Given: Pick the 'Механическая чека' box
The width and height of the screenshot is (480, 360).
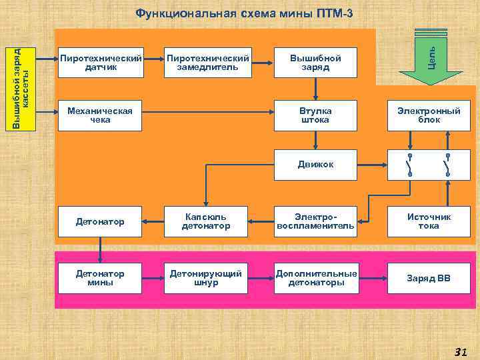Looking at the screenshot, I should click(x=100, y=115).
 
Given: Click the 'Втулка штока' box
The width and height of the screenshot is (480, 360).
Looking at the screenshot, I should click(x=315, y=115).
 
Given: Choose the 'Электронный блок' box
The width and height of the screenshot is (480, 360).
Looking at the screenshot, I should click(x=429, y=115).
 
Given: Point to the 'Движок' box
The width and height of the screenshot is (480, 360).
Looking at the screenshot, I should click(x=315, y=164).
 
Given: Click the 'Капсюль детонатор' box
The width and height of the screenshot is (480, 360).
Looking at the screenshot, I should click(x=207, y=221).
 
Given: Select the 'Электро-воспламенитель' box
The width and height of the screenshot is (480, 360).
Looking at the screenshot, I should click(x=315, y=221).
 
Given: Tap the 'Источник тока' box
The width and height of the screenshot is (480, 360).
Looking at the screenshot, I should click(x=429, y=221).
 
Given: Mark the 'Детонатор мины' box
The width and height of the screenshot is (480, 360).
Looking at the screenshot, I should click(x=100, y=277).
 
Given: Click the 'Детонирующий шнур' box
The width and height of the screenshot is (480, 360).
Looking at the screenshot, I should click(x=207, y=277).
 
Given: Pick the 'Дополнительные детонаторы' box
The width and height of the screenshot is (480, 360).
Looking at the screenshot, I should click(x=315, y=277).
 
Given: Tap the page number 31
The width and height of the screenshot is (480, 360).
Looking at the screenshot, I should click(x=461, y=351).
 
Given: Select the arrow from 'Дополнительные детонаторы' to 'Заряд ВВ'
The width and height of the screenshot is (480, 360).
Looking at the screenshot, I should click(x=373, y=277).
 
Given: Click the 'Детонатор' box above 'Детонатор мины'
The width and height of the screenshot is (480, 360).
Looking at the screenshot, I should click(x=100, y=221).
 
